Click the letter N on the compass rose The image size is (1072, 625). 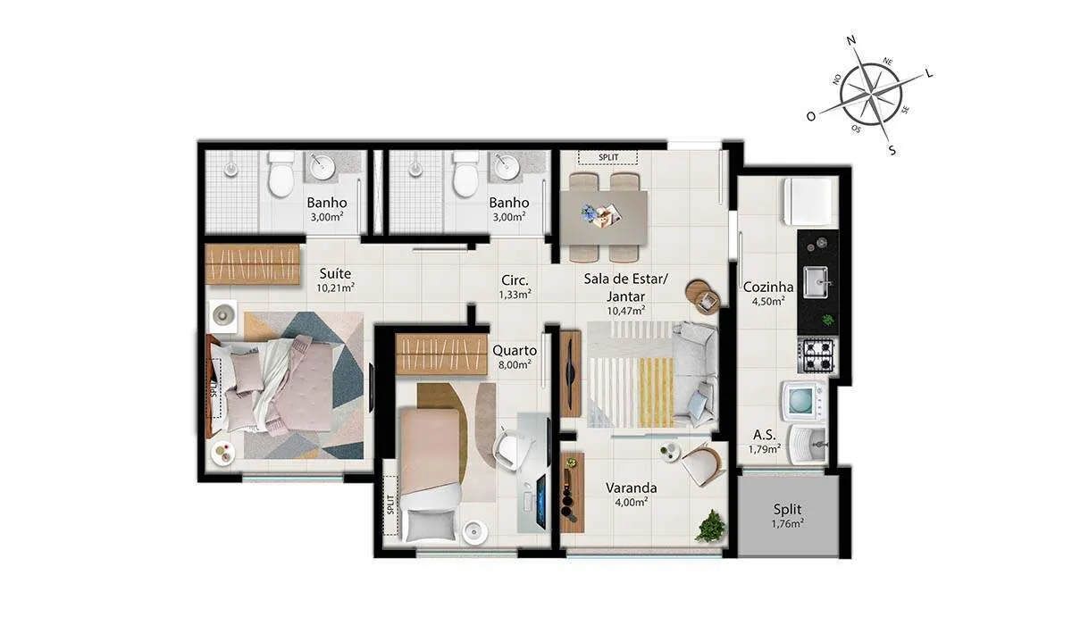[851, 41]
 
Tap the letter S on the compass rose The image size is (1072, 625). [892, 150]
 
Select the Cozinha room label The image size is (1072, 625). [768, 287]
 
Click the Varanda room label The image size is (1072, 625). [632, 487]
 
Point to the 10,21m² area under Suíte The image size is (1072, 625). [335, 287]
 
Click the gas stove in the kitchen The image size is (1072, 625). [817, 355]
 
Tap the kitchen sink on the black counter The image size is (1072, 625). [816, 281]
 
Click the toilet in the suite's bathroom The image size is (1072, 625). [281, 173]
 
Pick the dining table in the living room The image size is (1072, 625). [604, 218]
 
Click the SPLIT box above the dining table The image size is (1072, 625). [608, 157]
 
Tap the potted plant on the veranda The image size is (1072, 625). [711, 527]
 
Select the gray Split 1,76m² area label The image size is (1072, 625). [787, 515]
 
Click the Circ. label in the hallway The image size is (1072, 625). [515, 279]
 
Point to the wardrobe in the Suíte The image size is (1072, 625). [252, 264]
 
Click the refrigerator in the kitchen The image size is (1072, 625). [810, 202]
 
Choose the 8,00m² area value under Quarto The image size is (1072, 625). [515, 365]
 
